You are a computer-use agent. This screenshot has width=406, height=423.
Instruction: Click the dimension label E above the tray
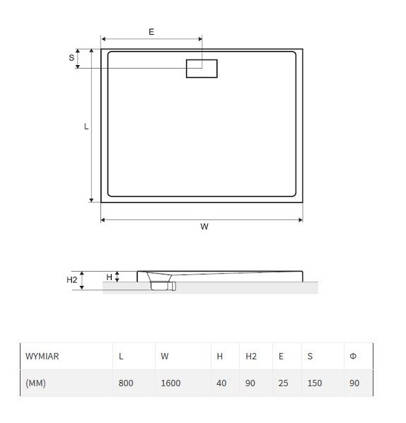[x=151, y=33]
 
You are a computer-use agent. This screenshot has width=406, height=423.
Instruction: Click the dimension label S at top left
[x=71, y=58]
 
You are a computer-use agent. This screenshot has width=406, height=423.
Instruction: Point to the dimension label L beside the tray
[x=86, y=127]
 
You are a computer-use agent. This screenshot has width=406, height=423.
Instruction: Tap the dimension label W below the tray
[x=204, y=227]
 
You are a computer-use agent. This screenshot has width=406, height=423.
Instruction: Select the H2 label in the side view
[x=71, y=280]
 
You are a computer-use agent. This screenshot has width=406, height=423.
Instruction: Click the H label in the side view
[x=109, y=277]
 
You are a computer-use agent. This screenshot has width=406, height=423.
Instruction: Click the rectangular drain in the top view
[x=202, y=69]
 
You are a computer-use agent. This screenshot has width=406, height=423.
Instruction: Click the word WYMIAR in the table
[x=42, y=357]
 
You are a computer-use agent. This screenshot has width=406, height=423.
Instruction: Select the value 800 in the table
[x=126, y=383]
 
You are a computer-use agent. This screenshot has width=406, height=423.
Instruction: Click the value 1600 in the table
[x=170, y=383]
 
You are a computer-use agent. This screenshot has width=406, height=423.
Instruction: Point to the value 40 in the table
[x=221, y=383]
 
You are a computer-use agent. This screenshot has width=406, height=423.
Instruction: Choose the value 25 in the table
[x=283, y=383]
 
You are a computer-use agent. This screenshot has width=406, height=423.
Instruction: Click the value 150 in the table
[x=314, y=383]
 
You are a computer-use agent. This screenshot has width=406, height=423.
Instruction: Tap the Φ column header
[x=353, y=357]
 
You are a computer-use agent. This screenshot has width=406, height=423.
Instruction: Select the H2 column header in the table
[x=251, y=357]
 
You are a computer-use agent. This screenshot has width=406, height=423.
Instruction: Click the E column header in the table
[x=281, y=357]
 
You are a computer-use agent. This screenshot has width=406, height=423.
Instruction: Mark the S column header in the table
[x=310, y=357]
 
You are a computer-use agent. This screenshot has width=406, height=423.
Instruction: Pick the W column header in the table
[x=165, y=357]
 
